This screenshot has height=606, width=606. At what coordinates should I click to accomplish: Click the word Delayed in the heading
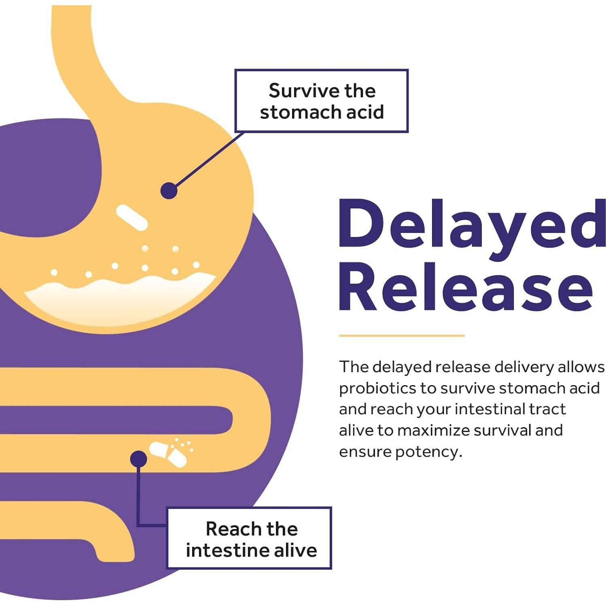coord(471,225)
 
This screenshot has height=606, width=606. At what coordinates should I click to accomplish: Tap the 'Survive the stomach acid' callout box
coord(322,101)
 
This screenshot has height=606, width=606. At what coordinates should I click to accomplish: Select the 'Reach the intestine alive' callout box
coord(249,538)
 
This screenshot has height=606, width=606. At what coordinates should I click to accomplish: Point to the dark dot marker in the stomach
coord(169,191)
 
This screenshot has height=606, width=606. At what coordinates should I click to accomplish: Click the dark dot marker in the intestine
coord(138,459)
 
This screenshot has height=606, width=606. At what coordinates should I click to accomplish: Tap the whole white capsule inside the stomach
coord(132,217)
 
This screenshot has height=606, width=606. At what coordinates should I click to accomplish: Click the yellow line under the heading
coord(401,335)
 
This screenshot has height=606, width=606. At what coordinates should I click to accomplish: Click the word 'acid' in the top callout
coord(365,112)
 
